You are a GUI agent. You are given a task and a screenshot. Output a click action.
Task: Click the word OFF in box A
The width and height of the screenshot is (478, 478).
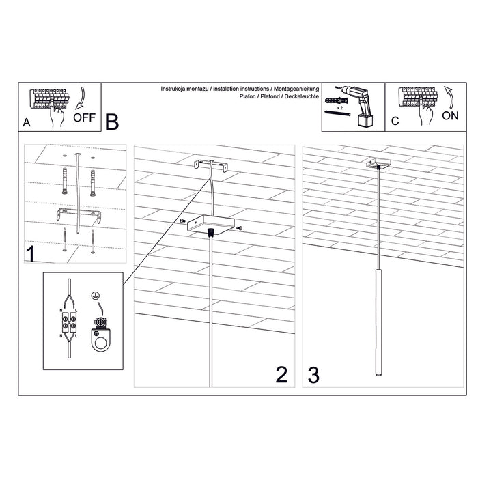[84, 117]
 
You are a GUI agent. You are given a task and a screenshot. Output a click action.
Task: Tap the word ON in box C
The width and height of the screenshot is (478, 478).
[450, 115]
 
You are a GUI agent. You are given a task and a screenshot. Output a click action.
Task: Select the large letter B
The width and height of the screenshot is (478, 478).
[112, 122]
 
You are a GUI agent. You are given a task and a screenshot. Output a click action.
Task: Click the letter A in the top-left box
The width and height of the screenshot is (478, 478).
[27, 123]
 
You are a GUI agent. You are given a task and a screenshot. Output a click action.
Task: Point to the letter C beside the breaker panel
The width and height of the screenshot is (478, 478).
[395, 122]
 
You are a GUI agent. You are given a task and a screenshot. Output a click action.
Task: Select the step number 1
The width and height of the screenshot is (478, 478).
[31, 255]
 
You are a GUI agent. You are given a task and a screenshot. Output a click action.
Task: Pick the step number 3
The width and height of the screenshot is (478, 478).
[313, 374]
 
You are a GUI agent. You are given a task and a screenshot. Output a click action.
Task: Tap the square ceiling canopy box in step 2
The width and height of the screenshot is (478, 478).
[213, 224]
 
